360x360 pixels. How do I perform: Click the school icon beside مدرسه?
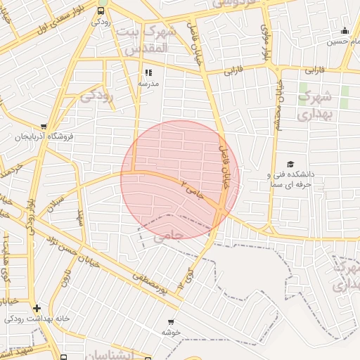pos(148,72)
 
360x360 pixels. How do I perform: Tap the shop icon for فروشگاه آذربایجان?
pos(44,126)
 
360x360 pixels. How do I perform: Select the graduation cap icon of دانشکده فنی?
pos(290,164)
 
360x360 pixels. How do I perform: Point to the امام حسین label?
pos(345,41)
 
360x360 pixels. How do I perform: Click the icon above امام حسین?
pos(345,31)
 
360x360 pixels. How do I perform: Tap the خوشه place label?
pos(172,331)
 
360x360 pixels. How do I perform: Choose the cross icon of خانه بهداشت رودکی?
pos(36,308)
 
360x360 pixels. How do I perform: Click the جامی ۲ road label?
pos(191,189)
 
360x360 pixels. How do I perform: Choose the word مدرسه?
pos(148,83)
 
